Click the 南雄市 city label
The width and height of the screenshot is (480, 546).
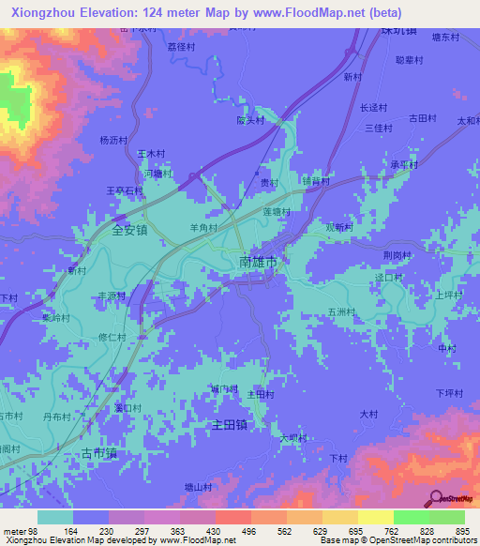click(258, 265)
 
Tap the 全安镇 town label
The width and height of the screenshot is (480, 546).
click(130, 230)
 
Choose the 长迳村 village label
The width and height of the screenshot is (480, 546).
click(374, 107)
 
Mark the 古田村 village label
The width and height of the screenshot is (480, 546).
click(423, 117)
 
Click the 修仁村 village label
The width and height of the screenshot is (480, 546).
click(112, 336)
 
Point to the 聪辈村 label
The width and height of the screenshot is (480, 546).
click(411, 59)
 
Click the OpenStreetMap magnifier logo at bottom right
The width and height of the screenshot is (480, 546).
click(435, 498)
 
